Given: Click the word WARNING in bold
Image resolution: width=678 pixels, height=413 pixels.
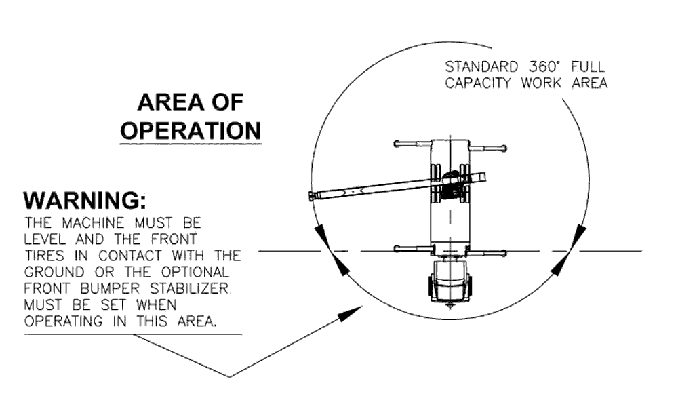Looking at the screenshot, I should pos(85,201).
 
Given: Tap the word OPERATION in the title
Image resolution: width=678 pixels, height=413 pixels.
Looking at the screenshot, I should pos(190,130).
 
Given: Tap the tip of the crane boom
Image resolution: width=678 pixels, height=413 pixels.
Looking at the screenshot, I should pos(313,196).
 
